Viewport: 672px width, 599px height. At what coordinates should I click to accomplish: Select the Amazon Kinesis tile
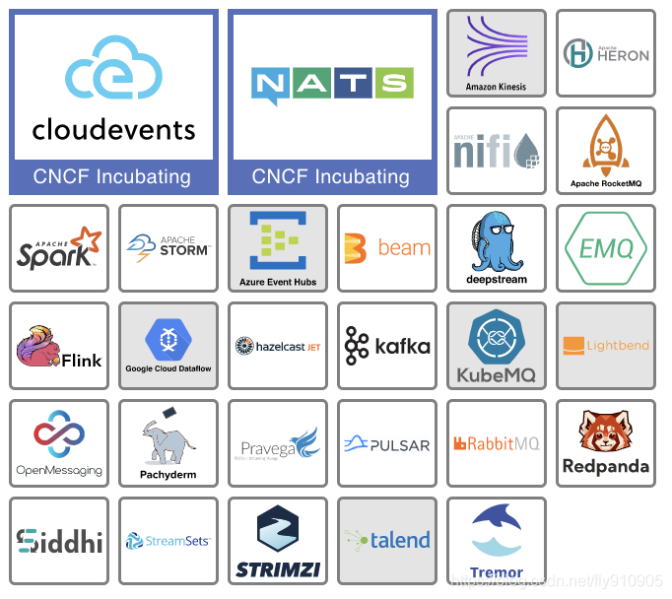(496, 53)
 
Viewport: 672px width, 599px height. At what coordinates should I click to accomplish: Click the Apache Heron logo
(605, 53)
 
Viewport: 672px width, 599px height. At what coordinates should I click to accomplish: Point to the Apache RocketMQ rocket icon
(605, 144)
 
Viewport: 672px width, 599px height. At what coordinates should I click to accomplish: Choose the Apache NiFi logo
(496, 151)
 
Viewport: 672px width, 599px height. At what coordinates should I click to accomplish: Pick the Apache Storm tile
(168, 248)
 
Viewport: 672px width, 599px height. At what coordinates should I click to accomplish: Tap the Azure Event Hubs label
(278, 282)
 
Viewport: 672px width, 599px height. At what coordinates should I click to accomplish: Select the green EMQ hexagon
(605, 248)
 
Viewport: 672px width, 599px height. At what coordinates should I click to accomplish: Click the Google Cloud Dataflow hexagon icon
(168, 339)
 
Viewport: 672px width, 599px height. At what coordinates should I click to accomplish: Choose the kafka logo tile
(387, 346)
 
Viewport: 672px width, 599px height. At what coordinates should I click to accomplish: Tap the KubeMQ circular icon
(496, 337)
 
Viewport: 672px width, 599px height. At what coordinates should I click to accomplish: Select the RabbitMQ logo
(496, 444)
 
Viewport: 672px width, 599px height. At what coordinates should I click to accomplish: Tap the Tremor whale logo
(496, 532)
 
